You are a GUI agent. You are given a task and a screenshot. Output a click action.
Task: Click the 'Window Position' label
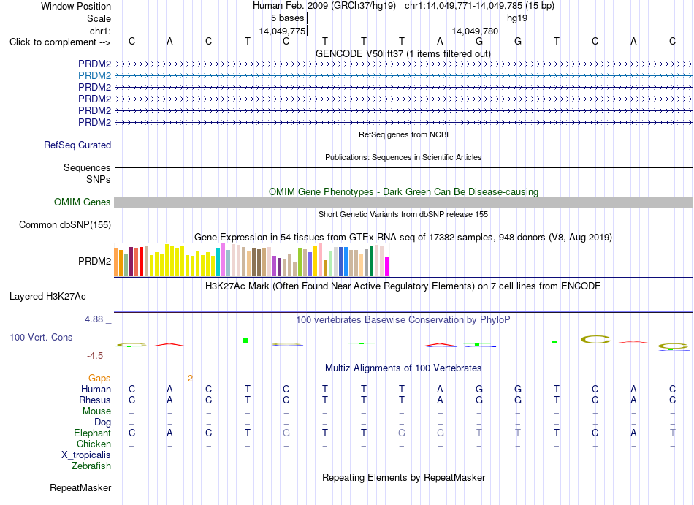point(76,6)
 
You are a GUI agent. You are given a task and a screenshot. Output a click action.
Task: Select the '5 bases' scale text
point(288,18)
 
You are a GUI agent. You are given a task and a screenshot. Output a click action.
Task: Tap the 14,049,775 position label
point(282,31)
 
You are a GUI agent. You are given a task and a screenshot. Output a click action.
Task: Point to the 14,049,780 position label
point(475,31)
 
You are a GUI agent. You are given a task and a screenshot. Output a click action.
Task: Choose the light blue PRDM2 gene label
point(95,76)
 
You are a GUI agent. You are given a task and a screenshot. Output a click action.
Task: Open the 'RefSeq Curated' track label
point(77,145)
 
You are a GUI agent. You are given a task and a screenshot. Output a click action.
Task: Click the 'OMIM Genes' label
point(83,202)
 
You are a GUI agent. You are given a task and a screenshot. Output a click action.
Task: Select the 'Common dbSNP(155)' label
point(65,225)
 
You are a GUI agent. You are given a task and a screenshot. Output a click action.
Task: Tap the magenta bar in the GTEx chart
point(386,267)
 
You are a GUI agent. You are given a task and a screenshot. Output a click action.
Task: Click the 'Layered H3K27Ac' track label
point(47,297)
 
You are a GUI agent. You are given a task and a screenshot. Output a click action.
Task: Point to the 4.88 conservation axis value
point(94,319)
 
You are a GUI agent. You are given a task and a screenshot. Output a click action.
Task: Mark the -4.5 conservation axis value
point(95,356)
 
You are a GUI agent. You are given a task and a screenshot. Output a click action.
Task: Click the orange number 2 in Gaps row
point(191,379)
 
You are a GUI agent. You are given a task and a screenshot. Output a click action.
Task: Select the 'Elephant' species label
point(93,433)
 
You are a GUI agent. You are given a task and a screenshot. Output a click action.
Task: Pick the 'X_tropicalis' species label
point(86,455)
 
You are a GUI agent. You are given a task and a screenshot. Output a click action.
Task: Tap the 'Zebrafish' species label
point(91,466)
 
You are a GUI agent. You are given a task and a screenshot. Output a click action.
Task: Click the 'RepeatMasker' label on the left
point(80,487)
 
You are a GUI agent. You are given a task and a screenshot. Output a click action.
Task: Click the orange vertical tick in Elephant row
point(191,432)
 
